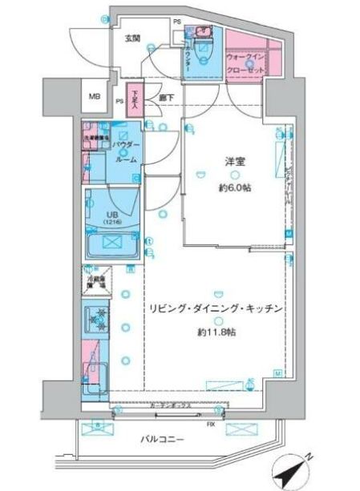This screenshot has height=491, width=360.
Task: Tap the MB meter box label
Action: click(95, 98)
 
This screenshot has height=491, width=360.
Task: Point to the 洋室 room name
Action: click(234, 162)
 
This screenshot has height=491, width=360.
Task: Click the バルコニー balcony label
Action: click(168, 439)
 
